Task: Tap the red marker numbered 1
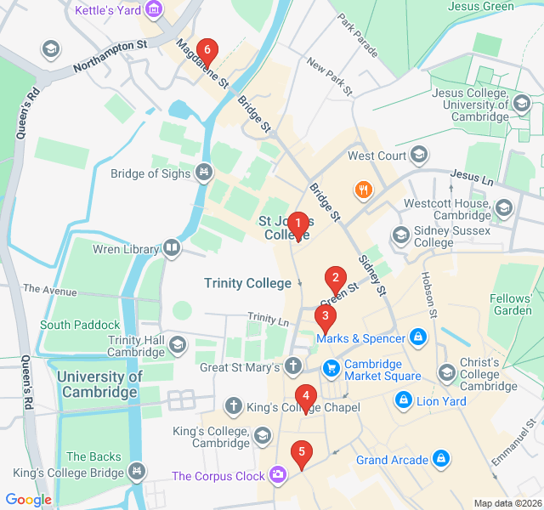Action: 297,224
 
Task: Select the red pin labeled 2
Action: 336,277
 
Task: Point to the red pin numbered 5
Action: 300,452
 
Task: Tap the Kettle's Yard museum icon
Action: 154,10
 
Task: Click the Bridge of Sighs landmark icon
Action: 203,173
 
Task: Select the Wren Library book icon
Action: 173,247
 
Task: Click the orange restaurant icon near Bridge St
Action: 363,190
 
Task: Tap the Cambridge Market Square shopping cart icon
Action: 331,368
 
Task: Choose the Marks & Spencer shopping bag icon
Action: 417,338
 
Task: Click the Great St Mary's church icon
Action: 293,367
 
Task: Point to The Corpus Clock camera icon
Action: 278,476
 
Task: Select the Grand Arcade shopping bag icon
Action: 440,460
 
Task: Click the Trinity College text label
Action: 247,283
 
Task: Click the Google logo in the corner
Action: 29,500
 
